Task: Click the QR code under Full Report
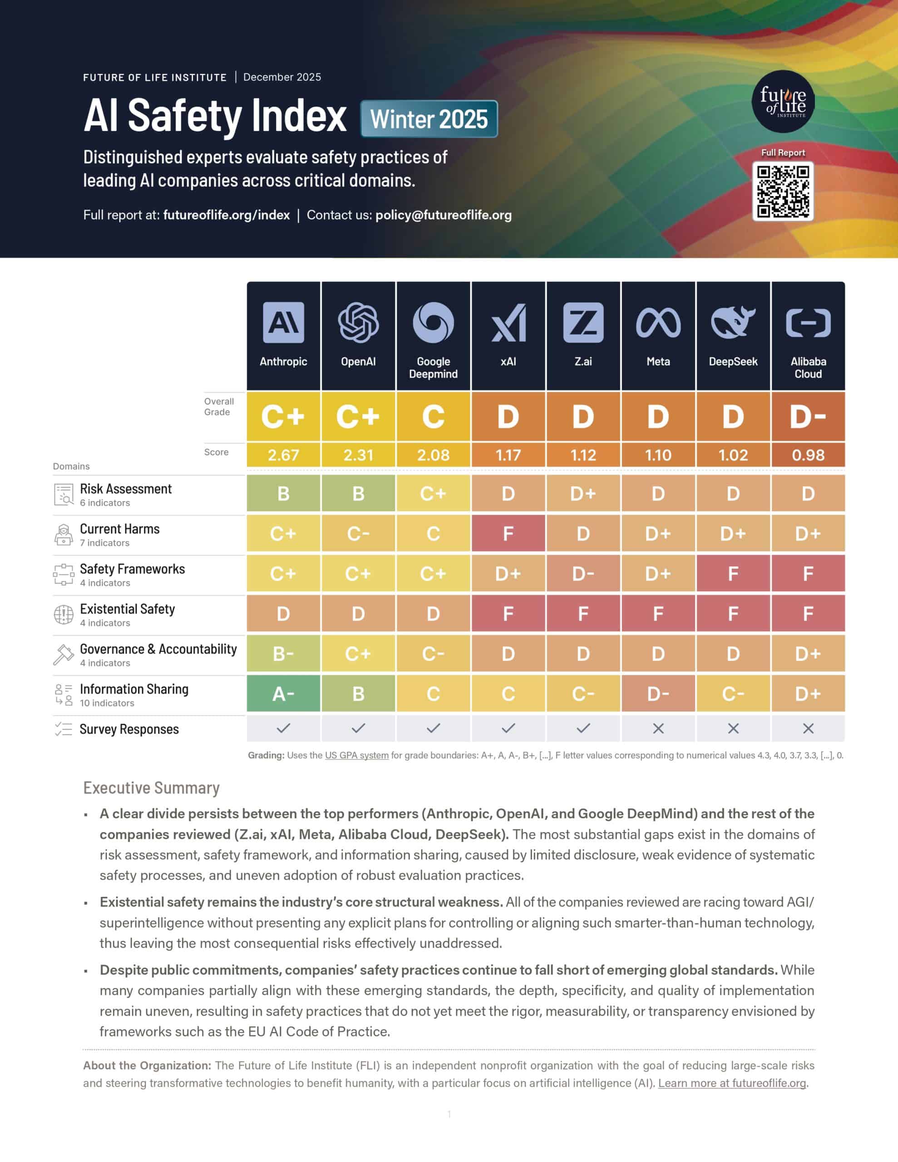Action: [x=783, y=191]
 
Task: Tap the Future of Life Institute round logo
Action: [x=783, y=101]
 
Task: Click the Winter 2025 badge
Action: [x=429, y=118]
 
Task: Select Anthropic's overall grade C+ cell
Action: [x=283, y=416]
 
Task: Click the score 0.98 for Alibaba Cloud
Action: [x=808, y=455]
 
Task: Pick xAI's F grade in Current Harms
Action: [x=508, y=533]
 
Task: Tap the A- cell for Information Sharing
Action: [x=283, y=693]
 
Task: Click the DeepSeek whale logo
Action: [x=733, y=322]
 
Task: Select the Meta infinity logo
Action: [x=658, y=322]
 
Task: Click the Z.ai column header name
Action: [x=583, y=361]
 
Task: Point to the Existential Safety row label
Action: [x=127, y=609]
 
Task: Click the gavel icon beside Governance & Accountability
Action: [x=64, y=655]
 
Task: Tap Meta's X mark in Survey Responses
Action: [x=658, y=729]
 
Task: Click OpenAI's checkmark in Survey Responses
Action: [x=358, y=728]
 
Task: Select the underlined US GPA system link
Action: [x=357, y=755]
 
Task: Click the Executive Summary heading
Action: [x=151, y=788]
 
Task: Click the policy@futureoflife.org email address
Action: [x=444, y=215]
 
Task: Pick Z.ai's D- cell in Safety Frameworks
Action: [x=583, y=574]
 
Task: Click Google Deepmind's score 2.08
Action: [x=433, y=455]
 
